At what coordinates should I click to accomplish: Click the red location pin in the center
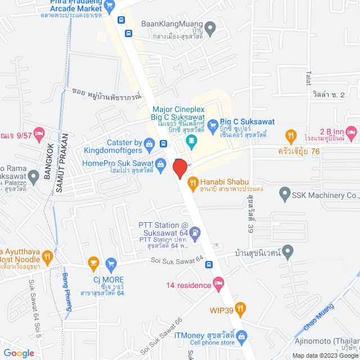pyautogui.click(x=179, y=168)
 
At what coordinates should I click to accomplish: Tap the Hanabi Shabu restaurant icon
pyautogui.click(x=192, y=182)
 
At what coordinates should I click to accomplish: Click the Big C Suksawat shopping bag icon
pyautogui.click(x=212, y=125)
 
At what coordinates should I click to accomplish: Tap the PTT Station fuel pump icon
pyautogui.click(x=195, y=232)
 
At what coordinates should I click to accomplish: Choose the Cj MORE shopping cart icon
pyautogui.click(x=111, y=263)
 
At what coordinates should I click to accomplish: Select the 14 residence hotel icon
pyautogui.click(x=218, y=285)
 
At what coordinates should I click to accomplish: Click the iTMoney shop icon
pyautogui.click(x=242, y=336)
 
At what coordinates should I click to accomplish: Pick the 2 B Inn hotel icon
pyautogui.click(x=352, y=133)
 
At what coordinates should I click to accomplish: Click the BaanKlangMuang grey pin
pyautogui.click(x=211, y=26)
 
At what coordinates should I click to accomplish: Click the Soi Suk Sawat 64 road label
pyautogui.click(x=175, y=259)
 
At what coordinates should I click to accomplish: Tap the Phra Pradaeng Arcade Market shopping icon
pyautogui.click(x=110, y=6)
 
